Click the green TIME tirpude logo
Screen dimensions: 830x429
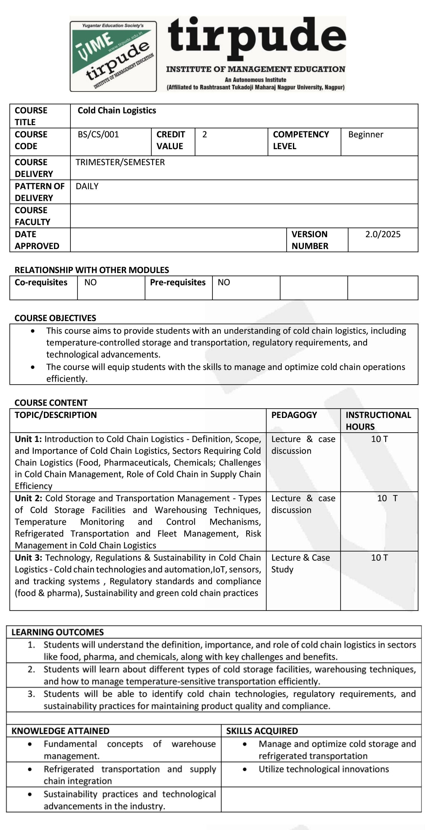113,56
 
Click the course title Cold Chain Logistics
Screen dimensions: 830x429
117,110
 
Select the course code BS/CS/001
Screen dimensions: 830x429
98,134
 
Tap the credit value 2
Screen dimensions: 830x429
205,134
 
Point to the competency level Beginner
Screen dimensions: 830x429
365,134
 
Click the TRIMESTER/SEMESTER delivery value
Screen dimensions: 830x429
120,162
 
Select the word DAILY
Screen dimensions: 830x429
87,186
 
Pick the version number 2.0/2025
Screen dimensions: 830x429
383,234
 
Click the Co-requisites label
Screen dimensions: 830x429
41,282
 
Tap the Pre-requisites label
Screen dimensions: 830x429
177,282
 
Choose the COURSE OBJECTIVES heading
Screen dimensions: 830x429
55,318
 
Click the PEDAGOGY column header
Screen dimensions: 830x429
294,415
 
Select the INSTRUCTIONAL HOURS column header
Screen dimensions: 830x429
378,420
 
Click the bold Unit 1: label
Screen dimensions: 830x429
28,439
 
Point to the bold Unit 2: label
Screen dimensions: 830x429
28,498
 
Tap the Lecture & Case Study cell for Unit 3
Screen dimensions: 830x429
300,563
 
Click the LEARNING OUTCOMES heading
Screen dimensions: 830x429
57,632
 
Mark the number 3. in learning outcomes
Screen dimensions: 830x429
32,694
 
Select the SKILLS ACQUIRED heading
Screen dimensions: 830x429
262,731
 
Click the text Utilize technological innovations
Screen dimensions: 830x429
324,769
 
